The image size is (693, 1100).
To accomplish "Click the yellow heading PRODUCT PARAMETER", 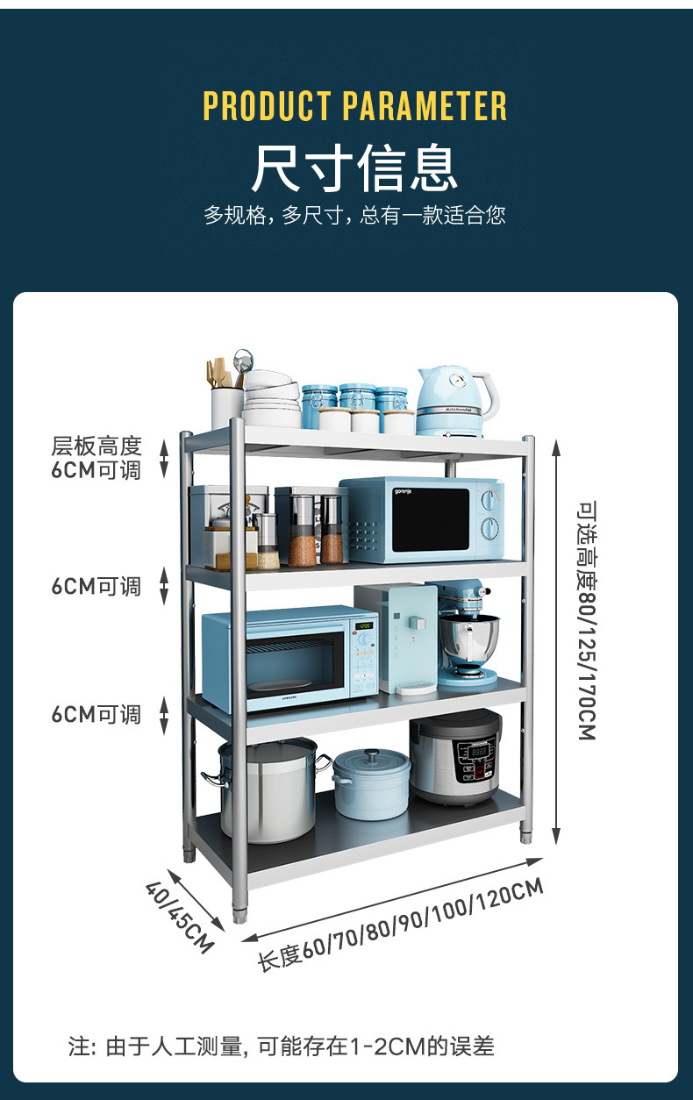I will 355,106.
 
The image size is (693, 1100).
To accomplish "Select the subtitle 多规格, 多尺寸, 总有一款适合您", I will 354,215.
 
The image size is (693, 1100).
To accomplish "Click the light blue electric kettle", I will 450,402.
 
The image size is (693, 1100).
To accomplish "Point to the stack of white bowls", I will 271,399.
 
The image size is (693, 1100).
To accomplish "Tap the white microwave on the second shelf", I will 421,520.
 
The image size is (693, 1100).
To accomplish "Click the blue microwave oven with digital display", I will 289,658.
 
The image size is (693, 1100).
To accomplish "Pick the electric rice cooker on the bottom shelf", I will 455,756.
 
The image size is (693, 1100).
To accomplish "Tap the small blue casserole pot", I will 371,782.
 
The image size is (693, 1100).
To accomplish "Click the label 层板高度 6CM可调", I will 96,458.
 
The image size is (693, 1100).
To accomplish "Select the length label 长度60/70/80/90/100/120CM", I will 400,924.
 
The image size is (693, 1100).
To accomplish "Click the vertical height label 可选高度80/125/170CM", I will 587,619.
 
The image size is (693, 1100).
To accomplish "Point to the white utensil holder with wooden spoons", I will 226,404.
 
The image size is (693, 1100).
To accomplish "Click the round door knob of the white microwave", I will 491,528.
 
